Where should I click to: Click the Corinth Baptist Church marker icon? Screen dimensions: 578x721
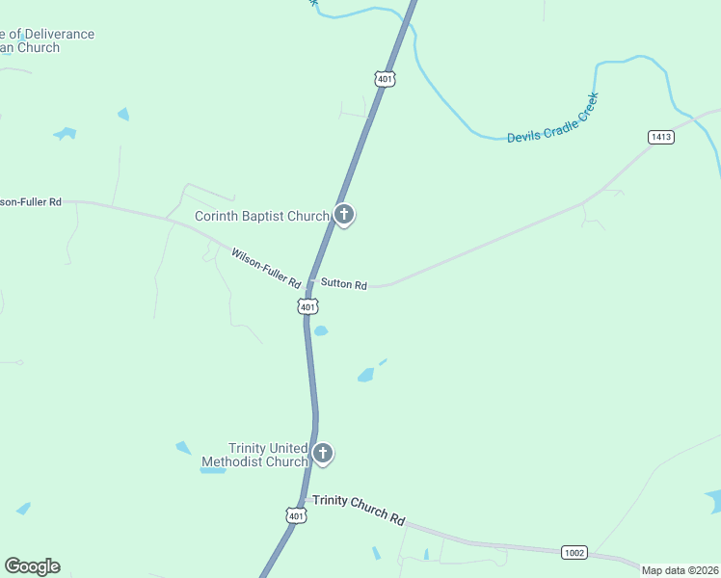pos(344,215)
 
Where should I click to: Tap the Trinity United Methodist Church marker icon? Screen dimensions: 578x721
pos(323,453)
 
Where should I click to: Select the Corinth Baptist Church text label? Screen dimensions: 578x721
pos(262,217)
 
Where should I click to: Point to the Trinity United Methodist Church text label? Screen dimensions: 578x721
pos(254,455)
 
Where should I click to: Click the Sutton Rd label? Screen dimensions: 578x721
pos(344,285)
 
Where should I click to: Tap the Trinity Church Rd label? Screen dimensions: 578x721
pos(359,510)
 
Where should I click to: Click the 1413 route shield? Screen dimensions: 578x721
pos(661,138)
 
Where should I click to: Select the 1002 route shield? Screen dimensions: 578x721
pos(574,552)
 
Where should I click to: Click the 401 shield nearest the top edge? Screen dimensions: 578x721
pos(385,79)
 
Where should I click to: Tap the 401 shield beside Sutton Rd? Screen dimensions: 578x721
pos(307,306)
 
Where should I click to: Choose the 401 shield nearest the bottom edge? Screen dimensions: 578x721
pos(296,516)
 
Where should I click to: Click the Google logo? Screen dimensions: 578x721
pos(32,566)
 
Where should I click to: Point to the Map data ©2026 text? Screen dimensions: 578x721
pos(680,570)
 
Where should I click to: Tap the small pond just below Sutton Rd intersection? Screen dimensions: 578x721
pos(320,330)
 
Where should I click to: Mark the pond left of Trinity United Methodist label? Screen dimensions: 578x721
pos(183,448)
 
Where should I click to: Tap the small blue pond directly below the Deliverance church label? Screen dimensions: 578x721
pos(65,133)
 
